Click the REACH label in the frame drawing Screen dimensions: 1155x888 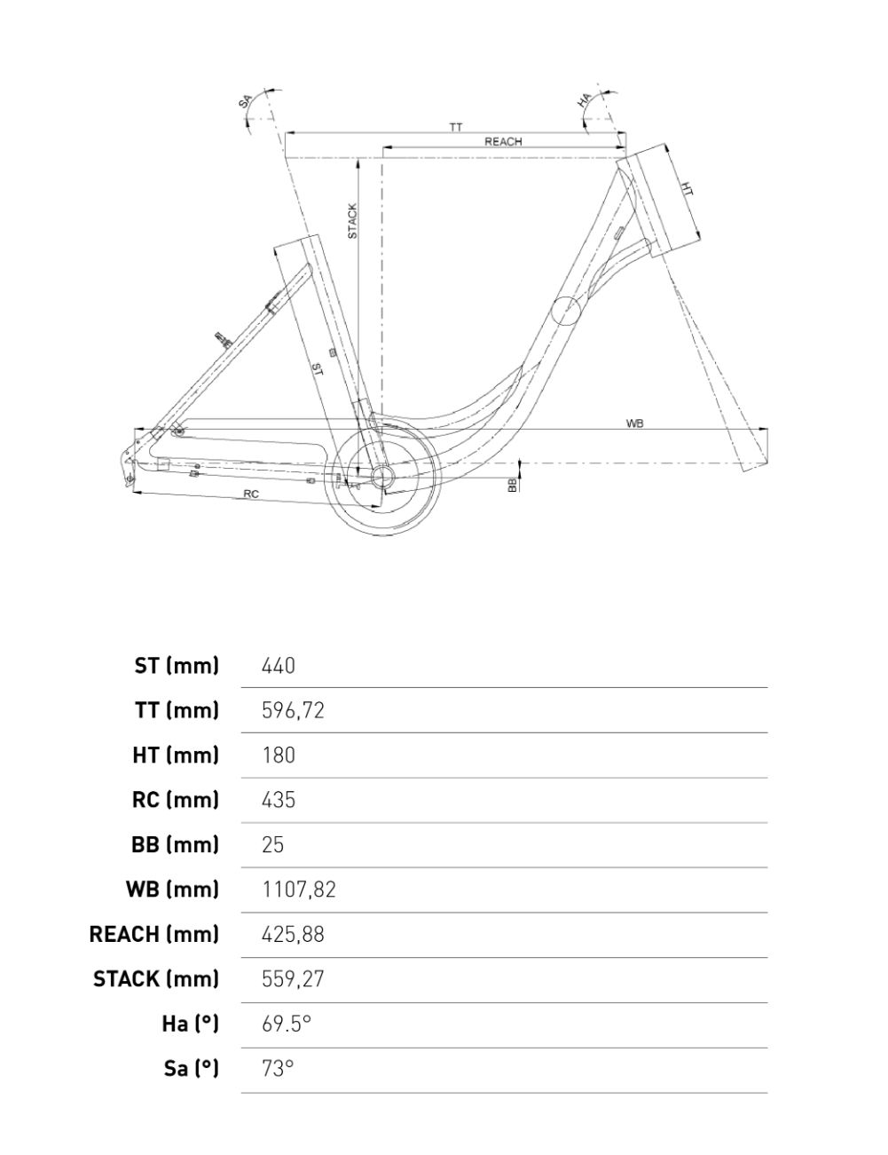tap(503, 142)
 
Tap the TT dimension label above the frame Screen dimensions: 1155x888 tap(455, 128)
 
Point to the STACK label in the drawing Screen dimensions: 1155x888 tap(352, 221)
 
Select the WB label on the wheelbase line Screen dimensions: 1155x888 tap(634, 424)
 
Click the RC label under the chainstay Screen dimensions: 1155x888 tap(251, 494)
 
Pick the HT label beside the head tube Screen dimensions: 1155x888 tap(688, 189)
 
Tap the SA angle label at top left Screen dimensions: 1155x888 tap(246, 100)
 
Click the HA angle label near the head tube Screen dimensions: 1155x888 tap(584, 100)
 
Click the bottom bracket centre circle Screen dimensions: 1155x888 tap(382, 477)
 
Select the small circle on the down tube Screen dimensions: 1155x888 tap(565, 312)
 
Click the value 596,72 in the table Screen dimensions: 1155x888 tap(293, 710)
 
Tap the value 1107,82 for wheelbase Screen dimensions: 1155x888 tap(299, 890)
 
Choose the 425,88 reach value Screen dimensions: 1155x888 tap(293, 934)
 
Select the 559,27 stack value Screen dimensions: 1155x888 tap(293, 979)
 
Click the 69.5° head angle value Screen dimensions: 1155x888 tap(287, 1024)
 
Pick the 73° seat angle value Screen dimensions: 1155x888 tap(277, 1068)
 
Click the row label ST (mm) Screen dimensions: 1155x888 tap(177, 665)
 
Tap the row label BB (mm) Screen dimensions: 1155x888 tap(175, 844)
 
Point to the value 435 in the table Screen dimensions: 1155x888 tap(279, 800)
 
